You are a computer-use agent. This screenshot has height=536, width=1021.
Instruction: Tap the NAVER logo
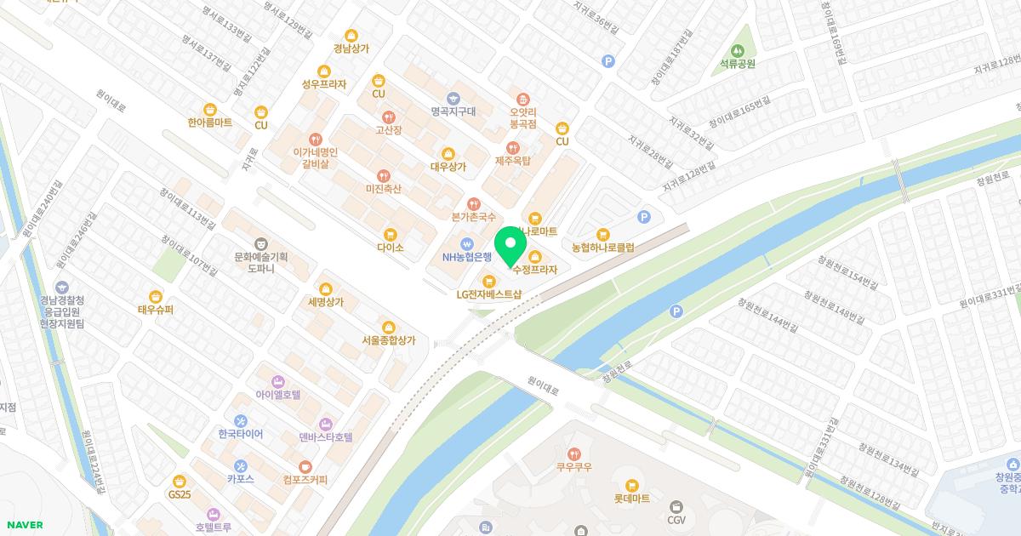(24, 525)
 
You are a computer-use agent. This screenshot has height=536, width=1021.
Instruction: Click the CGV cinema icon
(676, 482)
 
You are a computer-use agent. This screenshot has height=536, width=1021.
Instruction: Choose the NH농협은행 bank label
(467, 257)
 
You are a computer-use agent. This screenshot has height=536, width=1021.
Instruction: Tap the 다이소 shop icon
(391, 233)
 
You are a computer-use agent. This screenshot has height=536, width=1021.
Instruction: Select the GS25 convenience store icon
(179, 481)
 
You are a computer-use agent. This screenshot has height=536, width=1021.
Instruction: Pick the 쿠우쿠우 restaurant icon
(574, 453)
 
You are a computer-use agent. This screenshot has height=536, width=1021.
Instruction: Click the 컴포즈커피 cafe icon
(305, 465)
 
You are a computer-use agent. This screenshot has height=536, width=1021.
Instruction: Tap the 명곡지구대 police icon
(453, 97)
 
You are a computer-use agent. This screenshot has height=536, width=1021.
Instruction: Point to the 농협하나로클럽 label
(603, 248)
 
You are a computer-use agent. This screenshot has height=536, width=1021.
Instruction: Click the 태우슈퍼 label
(156, 311)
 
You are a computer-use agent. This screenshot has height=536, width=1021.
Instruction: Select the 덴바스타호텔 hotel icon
(325, 424)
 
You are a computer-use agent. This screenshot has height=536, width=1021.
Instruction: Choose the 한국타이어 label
(240, 434)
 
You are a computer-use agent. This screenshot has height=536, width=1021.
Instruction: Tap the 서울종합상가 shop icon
(389, 326)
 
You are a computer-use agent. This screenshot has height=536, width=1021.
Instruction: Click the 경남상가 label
(351, 48)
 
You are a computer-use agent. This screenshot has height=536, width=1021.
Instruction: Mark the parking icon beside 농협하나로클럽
(644, 217)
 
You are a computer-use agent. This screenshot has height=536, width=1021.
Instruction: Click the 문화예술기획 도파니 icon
(260, 242)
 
